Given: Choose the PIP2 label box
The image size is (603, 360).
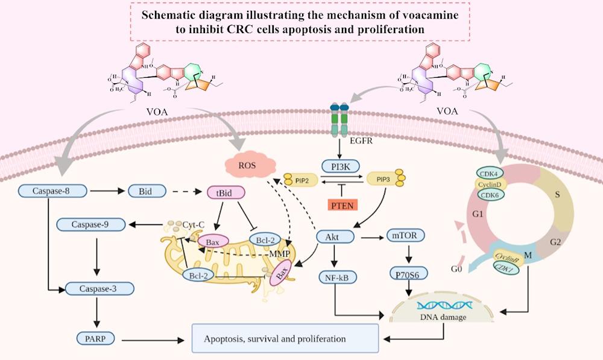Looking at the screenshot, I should pyautogui.click(x=300, y=180).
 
